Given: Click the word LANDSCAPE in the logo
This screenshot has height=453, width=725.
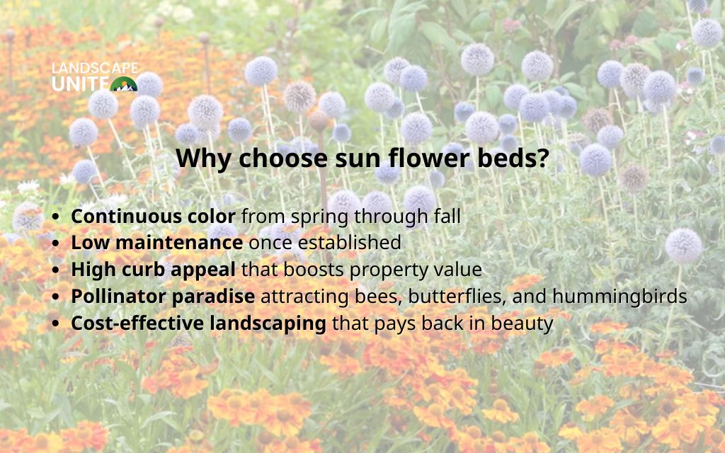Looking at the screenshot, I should point(95,69).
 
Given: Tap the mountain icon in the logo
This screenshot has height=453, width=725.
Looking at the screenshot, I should point(125,84).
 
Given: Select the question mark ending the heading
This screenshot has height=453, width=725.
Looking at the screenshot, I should point(542,158).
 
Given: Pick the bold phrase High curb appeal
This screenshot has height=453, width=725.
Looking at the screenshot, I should point(154,270).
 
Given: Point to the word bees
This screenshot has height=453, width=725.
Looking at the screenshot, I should point(381,297).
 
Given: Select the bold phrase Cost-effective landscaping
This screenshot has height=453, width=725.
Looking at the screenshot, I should point(198,323).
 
